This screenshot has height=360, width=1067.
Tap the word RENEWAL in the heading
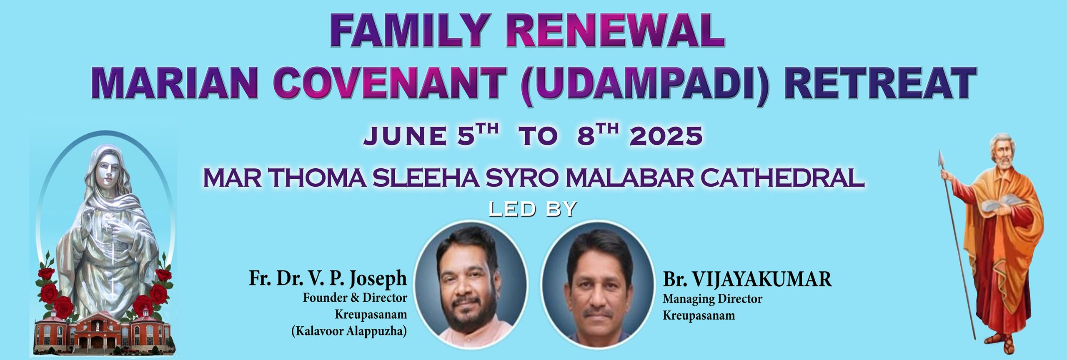point(615,32)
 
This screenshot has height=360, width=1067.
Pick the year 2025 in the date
point(666,136)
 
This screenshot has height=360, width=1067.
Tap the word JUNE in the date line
point(404,136)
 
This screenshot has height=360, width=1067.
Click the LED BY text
point(532,209)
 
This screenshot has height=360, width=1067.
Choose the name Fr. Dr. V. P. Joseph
point(328,278)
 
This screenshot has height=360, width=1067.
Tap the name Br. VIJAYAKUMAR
point(747,279)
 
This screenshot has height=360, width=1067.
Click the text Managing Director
point(712,299)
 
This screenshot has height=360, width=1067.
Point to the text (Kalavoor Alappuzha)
point(349,331)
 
